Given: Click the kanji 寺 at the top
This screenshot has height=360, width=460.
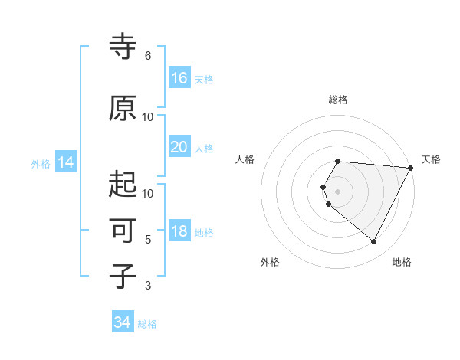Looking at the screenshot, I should [123, 47].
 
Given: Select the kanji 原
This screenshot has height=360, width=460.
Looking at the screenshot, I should [123, 108].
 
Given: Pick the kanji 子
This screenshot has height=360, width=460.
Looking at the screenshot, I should [123, 276].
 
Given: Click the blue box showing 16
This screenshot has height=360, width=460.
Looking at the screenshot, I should [179, 78].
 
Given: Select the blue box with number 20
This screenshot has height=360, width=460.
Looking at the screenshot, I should [179, 147].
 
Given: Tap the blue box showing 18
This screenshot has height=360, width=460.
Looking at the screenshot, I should [179, 231].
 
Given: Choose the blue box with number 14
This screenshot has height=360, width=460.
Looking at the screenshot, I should [66, 162].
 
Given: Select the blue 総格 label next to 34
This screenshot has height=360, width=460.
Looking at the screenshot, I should [147, 324].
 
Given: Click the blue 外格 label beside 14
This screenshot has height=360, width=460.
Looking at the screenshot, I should [41, 163].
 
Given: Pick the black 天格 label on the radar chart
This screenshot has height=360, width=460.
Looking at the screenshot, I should [431, 159].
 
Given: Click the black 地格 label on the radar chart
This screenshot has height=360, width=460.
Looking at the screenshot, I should [402, 262].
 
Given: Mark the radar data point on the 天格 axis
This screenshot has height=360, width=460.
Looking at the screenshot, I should [410, 168].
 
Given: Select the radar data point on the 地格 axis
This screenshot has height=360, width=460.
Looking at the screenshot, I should [373, 241].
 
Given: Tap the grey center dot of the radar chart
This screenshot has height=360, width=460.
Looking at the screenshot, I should [337, 191].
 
